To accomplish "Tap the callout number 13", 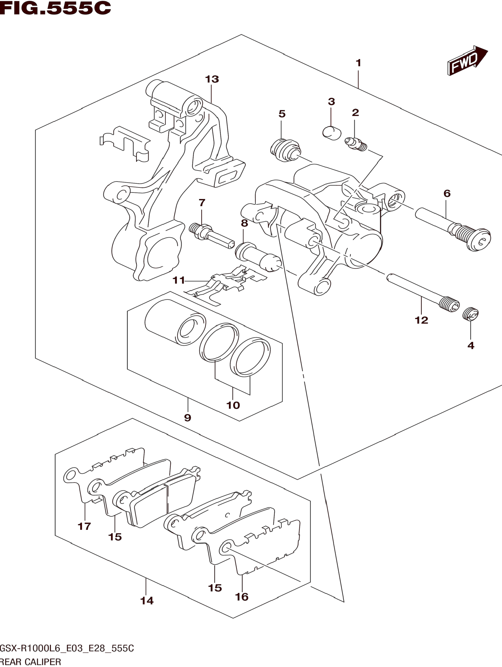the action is [x=212, y=79].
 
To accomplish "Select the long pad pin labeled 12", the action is [x=423, y=293].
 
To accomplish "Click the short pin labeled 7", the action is [x=211, y=236].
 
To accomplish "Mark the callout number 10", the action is [x=233, y=405].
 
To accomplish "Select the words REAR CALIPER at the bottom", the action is [x=30, y=662].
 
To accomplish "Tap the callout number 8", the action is [x=244, y=223].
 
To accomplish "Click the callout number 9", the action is [x=188, y=418].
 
